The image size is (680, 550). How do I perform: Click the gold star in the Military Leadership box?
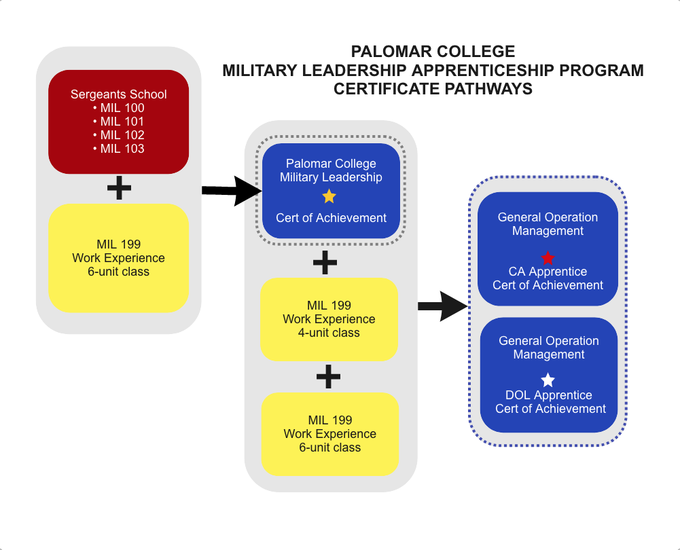pos(329,197)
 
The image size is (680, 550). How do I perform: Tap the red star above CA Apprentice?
pos(548,258)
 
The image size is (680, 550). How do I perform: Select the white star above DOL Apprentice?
pos(548,381)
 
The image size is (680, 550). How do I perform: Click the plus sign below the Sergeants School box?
pos(119,189)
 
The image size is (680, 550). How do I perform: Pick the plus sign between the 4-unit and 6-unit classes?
pos(329,376)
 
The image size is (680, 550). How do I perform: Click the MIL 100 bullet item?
pos(119,108)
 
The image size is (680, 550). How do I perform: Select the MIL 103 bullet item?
pos(119,149)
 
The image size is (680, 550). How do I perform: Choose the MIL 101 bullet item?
pos(119,122)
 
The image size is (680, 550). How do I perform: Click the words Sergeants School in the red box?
pos(119,94)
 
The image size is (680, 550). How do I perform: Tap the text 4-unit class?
pos(329,333)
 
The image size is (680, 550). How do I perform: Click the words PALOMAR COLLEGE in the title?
pos(433,52)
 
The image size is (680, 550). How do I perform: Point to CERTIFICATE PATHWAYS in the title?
pos(433,88)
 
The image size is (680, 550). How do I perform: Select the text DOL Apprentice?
pos(549,395)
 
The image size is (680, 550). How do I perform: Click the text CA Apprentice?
pos(548,272)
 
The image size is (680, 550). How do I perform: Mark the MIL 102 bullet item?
pos(119,135)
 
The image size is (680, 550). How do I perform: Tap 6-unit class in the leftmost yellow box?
pos(118,272)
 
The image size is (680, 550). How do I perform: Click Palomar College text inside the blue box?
pos(331,164)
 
